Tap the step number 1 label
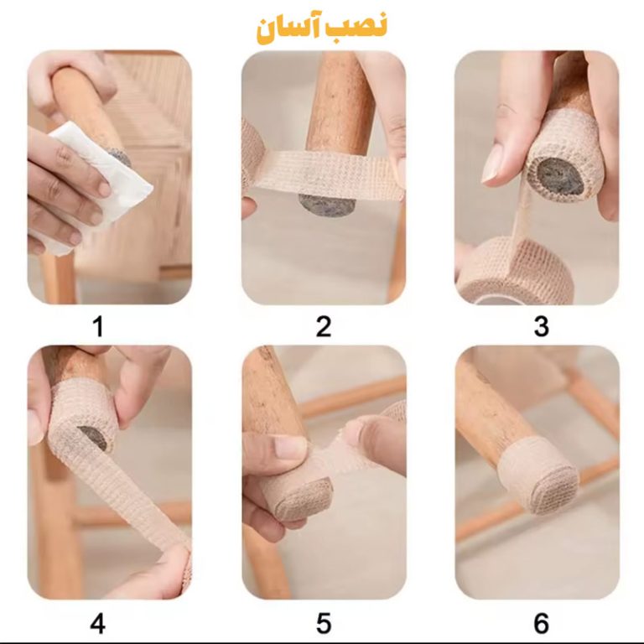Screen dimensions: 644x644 (98, 326)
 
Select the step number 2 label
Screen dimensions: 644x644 (323, 326)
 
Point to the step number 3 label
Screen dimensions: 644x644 (542, 326)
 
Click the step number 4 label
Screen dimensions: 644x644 (98, 624)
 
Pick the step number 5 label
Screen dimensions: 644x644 (323, 624)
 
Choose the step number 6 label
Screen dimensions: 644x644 (542, 624)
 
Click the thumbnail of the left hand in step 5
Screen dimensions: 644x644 (291, 447)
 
